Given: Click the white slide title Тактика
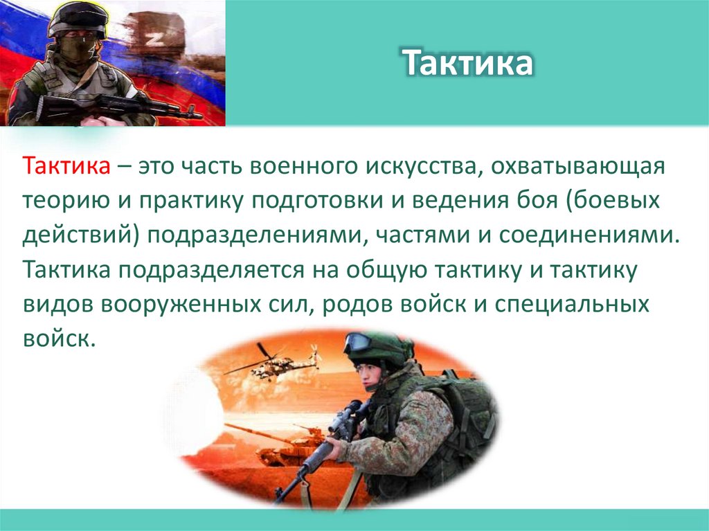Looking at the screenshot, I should [468, 63].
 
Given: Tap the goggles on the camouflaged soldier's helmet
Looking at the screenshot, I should [360, 341].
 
